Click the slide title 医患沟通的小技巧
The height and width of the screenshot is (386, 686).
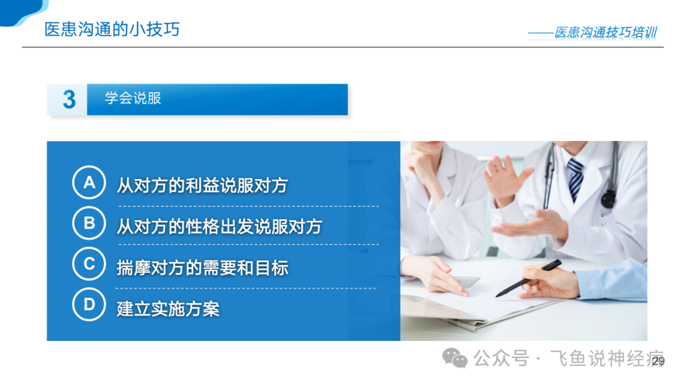[x=112, y=29]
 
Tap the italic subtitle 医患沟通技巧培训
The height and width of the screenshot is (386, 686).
[x=605, y=32]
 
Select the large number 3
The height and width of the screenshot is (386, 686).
[x=69, y=99]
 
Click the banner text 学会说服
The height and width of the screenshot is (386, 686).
[x=133, y=98]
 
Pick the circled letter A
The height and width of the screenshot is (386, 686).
[x=89, y=182]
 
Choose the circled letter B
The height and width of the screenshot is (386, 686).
[x=89, y=223]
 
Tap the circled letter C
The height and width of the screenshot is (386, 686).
[x=89, y=263]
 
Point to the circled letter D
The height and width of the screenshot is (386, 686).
[x=89, y=304]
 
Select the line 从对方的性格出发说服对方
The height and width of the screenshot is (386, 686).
[x=220, y=227]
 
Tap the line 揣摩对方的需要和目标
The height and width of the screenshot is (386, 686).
[x=202, y=268]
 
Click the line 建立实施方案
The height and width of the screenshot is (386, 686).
[x=168, y=309]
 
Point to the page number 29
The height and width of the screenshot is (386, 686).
[x=659, y=361]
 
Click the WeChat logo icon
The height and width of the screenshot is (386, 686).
[x=455, y=359]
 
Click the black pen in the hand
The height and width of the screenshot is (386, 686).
[x=528, y=279]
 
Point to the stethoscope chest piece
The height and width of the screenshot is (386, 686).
[x=608, y=199]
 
